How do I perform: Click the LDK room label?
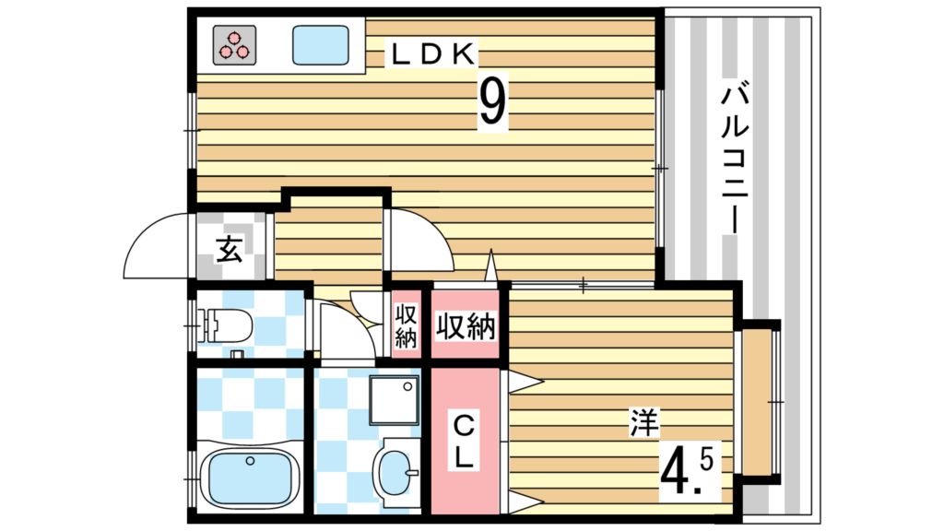(432, 54)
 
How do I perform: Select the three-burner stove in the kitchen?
(234, 45)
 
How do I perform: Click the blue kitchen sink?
(321, 45)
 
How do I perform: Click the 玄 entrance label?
(230, 248)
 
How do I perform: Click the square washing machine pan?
(395, 400)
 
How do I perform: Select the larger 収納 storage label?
(466, 328)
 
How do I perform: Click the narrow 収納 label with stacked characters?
(406, 327)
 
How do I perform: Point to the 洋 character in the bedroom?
(644, 423)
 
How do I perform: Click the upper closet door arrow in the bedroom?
(525, 382)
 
